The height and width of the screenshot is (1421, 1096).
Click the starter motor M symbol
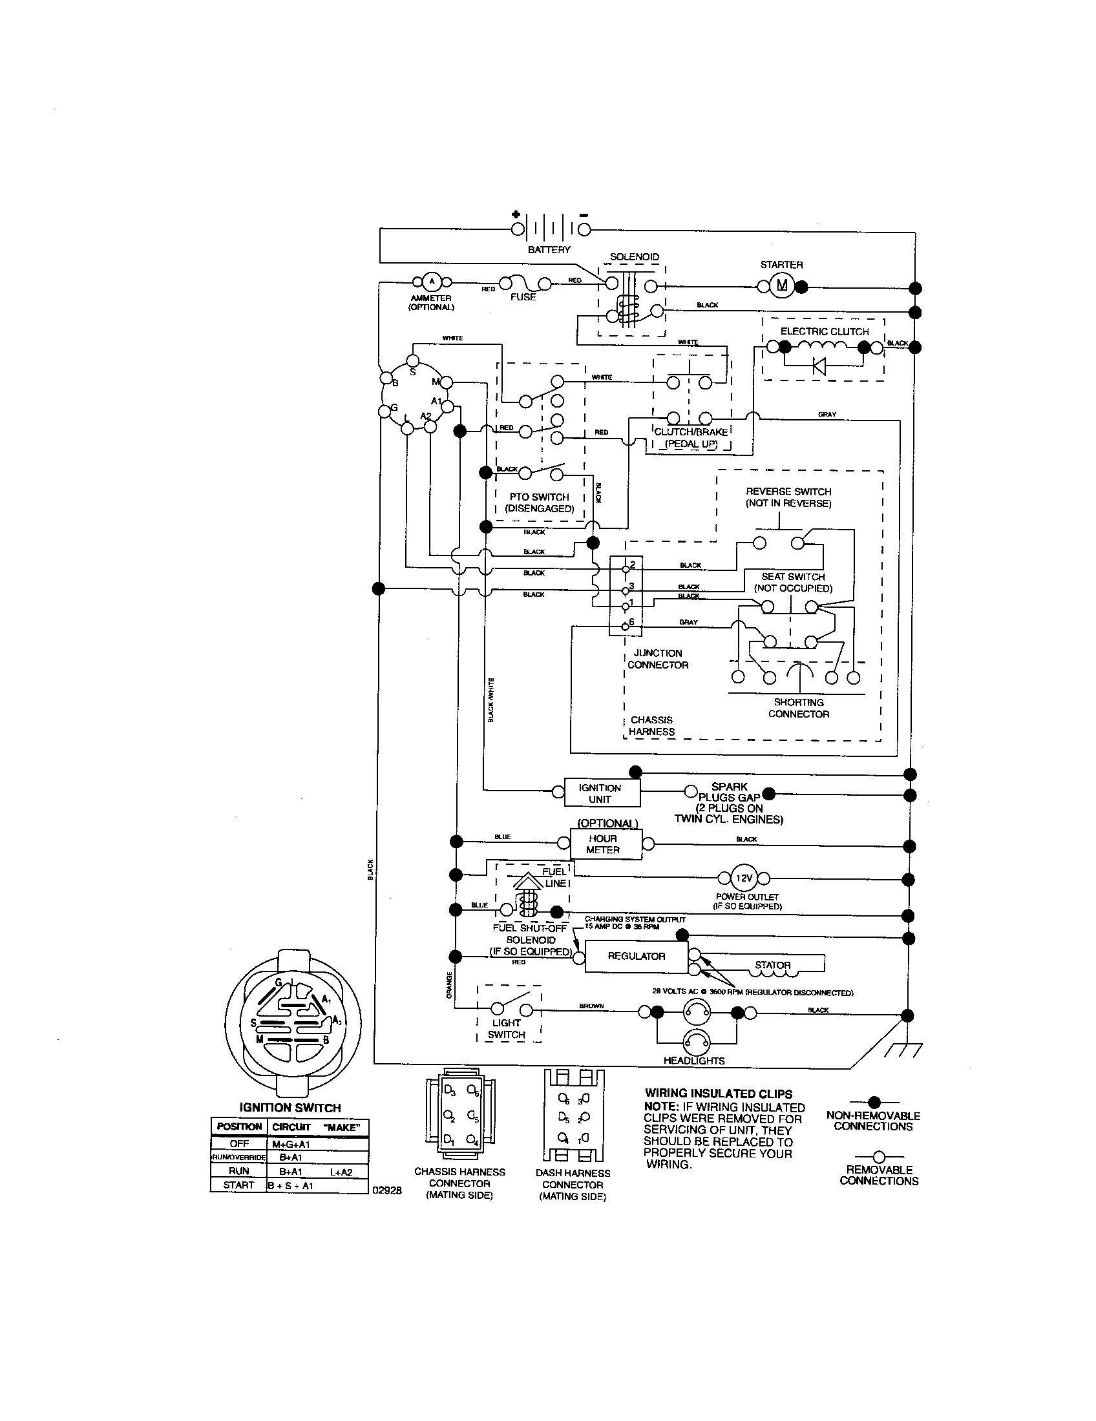782,285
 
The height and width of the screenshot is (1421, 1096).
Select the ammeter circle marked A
431,282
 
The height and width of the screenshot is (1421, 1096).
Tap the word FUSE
523,297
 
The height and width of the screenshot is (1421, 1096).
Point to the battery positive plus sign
516,214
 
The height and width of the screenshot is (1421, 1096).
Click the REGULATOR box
636,956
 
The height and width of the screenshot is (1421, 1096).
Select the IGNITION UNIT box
600,793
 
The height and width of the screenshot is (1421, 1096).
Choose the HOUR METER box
603,845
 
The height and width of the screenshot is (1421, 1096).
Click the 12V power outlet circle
743,878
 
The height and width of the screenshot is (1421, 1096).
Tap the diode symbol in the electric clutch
819,366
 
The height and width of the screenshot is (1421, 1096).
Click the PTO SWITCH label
539,497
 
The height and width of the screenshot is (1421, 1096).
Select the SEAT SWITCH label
793,576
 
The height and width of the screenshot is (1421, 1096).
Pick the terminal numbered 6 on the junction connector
626,625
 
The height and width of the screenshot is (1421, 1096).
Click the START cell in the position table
238,1185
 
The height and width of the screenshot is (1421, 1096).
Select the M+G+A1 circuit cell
291,1145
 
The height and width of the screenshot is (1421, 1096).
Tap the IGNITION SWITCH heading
290,1108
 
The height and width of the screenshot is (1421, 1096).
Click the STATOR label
772,965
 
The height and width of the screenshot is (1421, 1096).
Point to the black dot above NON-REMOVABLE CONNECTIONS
874,1102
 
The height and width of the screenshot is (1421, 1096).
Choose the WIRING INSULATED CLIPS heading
719,1094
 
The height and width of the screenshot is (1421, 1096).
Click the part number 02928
386,1190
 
